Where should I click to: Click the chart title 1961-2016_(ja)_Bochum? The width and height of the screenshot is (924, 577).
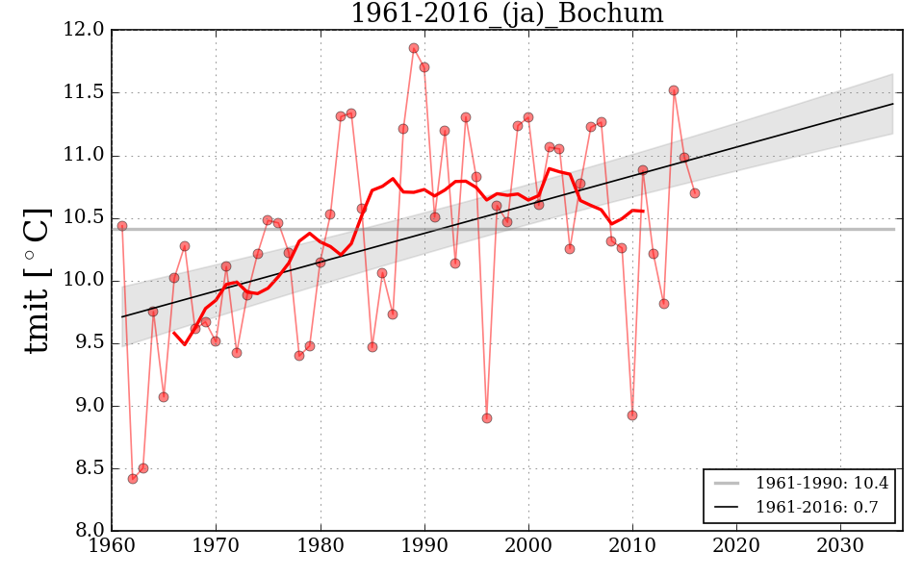(x=506, y=13)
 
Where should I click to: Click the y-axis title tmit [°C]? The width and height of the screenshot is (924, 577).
(x=37, y=280)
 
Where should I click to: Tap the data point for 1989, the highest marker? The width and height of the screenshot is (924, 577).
(x=414, y=48)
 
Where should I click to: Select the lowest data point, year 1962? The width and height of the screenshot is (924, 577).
(x=133, y=479)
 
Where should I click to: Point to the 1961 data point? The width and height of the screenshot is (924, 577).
(x=122, y=226)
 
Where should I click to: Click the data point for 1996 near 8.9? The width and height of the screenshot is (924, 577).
(x=487, y=418)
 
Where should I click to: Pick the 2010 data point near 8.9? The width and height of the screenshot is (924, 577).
(x=632, y=415)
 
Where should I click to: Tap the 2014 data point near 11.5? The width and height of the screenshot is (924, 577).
(x=674, y=90)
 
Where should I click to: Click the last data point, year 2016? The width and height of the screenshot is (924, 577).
(x=695, y=193)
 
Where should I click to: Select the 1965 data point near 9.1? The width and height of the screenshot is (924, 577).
(x=164, y=397)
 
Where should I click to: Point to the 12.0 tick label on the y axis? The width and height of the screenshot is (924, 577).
(x=85, y=30)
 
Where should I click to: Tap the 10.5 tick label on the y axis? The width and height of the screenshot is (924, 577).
(x=85, y=218)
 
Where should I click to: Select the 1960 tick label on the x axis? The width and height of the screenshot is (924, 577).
(x=112, y=545)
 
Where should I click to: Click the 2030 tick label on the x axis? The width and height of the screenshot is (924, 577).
(x=841, y=545)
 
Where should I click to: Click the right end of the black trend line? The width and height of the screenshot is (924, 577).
(x=893, y=104)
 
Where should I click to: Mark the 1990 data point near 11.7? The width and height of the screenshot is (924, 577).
(x=424, y=67)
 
